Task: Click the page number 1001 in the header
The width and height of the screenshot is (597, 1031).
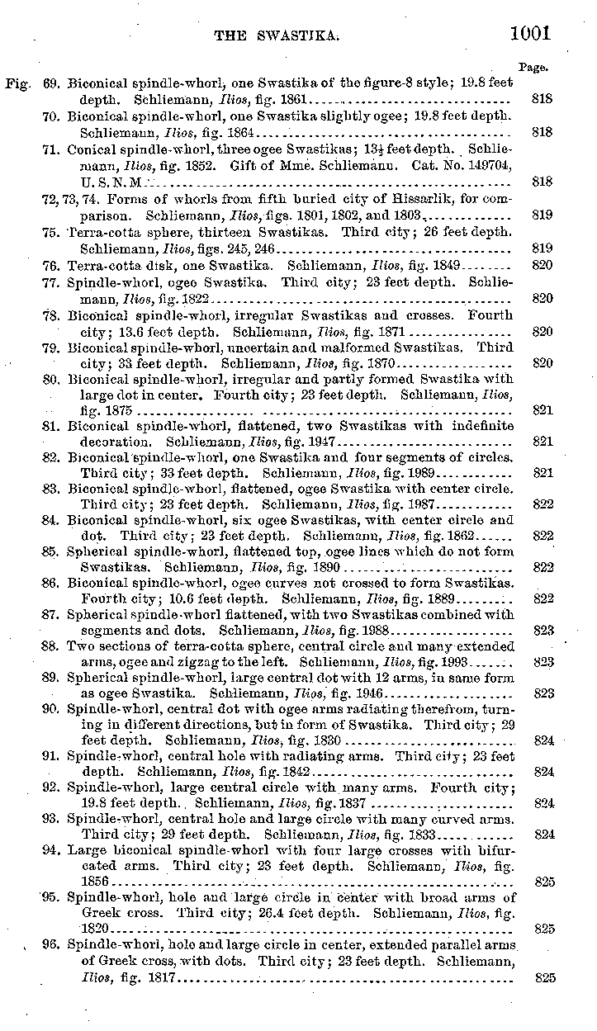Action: [x=530, y=33]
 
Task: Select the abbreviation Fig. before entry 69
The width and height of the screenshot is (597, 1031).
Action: [x=17, y=83]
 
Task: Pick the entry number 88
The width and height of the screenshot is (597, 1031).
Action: [x=50, y=646]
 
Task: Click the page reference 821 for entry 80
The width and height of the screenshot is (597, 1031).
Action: [x=543, y=409]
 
